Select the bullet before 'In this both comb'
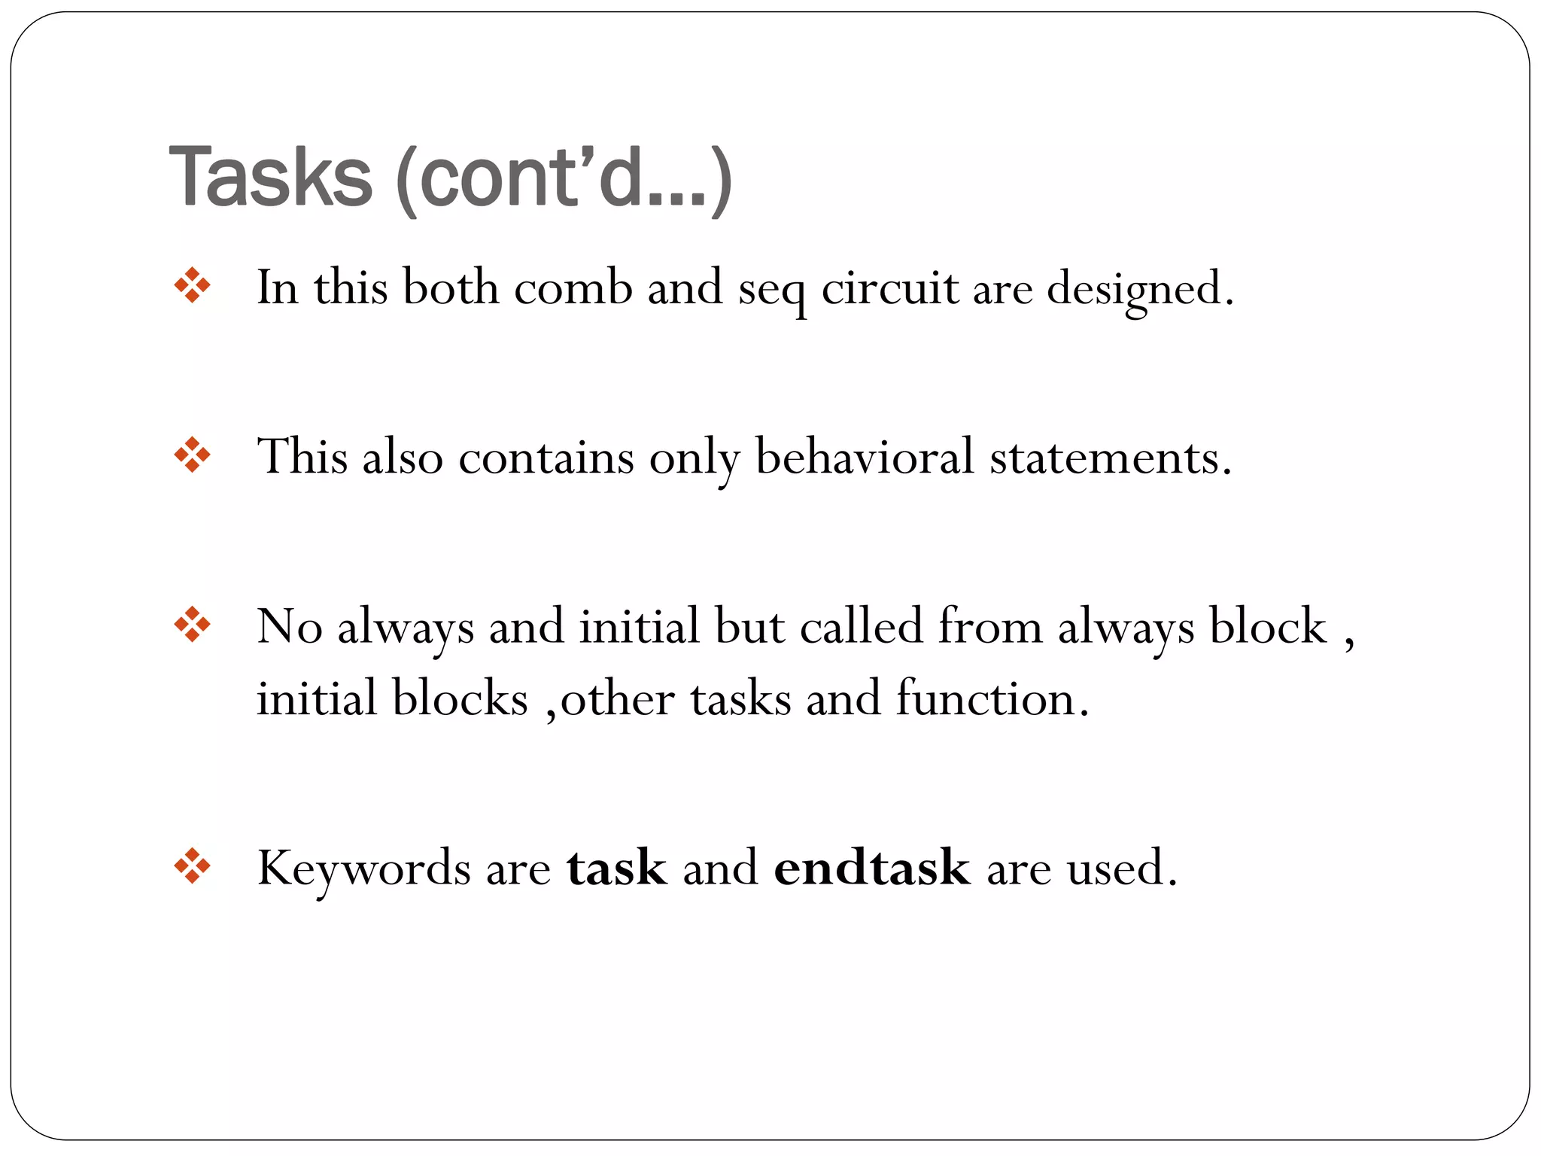tap(192, 286)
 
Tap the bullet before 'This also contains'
tap(192, 455)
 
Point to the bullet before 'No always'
tap(192, 625)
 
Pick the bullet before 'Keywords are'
tap(192, 866)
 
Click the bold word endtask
tap(872, 868)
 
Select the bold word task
tap(617, 868)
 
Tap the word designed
tap(1140, 289)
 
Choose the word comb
tap(573, 287)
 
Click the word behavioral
tap(865, 457)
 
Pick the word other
tap(617, 698)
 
